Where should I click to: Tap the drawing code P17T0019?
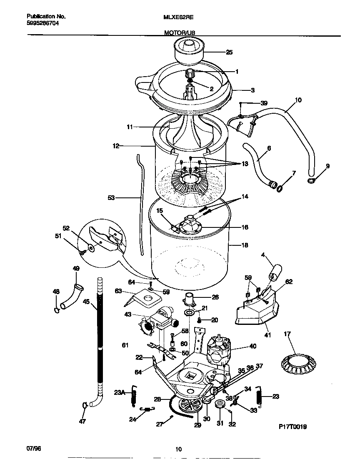tap(292, 427)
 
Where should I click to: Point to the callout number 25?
tap(229, 52)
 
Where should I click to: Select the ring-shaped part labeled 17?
tap(299, 363)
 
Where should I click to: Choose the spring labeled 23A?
tap(134, 395)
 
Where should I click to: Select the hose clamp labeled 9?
tap(310, 180)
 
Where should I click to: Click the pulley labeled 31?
tap(220, 404)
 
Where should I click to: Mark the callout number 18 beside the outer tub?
tap(244, 245)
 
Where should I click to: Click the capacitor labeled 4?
tap(273, 273)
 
